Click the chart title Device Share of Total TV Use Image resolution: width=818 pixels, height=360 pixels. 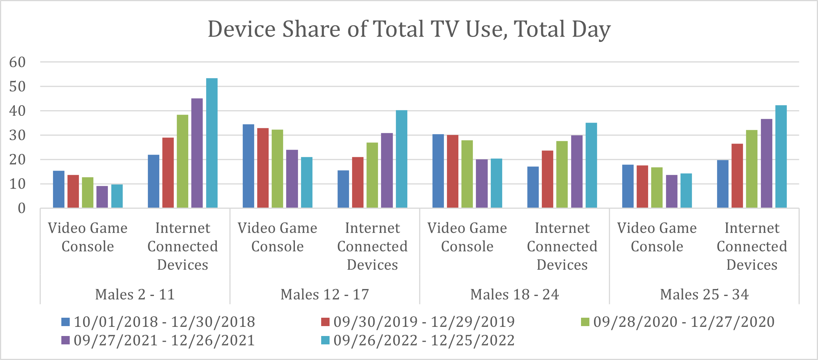click(x=409, y=29)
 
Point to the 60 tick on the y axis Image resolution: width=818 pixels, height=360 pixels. click(x=18, y=62)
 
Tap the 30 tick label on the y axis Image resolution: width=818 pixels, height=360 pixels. click(x=18, y=135)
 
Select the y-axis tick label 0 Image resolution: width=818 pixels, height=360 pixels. click(x=22, y=208)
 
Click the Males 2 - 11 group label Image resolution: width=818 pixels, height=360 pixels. click(x=135, y=294)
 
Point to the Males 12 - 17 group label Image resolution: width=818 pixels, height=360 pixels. click(x=325, y=294)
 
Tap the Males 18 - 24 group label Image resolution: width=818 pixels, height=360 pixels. click(x=514, y=294)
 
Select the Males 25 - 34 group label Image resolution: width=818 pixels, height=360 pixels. click(x=704, y=294)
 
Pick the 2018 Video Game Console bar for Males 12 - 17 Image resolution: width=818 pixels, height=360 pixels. click(x=248, y=166)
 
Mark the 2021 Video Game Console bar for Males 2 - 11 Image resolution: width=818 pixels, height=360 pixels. click(x=102, y=197)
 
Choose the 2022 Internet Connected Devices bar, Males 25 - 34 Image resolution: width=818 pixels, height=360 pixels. click(x=781, y=157)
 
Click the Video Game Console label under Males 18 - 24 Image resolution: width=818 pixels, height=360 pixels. click(x=467, y=237)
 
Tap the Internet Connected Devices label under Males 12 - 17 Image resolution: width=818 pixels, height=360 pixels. click(x=372, y=246)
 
